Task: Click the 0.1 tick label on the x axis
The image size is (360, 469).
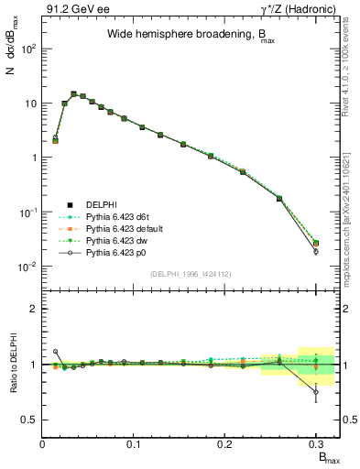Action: click(134, 442)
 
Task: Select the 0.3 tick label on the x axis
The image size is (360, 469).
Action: click(315, 442)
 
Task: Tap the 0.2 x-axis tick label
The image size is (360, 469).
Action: click(224, 442)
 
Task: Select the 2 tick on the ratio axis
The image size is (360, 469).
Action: click(33, 309)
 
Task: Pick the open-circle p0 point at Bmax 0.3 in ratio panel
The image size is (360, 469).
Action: click(316, 392)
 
